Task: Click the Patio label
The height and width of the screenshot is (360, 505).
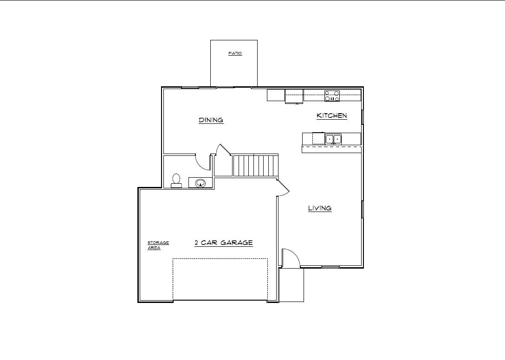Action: coord(235,53)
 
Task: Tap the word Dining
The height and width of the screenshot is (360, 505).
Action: coord(211,120)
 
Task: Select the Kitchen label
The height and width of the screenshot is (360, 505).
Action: coord(332,116)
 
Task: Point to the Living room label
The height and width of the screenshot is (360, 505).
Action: coord(320,208)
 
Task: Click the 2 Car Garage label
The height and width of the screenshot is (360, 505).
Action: coord(224,243)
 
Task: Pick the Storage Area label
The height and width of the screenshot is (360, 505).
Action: coord(158,245)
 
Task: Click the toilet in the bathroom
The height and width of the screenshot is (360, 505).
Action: coord(176,180)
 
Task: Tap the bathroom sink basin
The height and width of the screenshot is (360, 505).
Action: coord(201,183)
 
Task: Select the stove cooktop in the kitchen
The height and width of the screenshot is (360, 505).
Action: coord(332,96)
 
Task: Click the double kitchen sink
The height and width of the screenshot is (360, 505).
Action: coord(333,139)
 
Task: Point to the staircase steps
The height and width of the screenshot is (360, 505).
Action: coord(255,166)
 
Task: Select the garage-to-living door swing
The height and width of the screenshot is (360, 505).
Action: coord(284,188)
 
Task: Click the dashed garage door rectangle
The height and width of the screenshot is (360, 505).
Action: coord(220,279)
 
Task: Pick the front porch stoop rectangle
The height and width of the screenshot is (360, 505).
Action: coord(291,284)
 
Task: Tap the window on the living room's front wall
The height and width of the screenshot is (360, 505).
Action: coord(330,267)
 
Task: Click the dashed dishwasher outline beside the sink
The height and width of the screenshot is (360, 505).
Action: coord(318,138)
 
